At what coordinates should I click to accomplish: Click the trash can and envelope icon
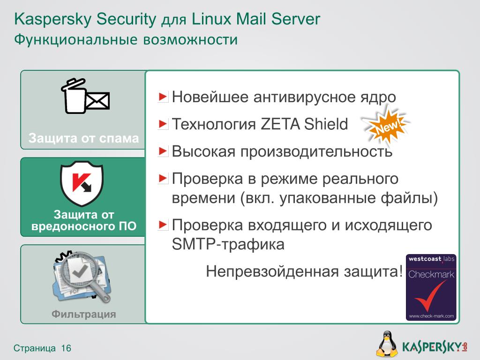[85, 97]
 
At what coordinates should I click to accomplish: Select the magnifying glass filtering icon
[82, 277]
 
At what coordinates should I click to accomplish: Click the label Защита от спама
[84, 138]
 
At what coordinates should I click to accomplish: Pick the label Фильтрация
[84, 314]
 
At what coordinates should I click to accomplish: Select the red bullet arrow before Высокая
[163, 151]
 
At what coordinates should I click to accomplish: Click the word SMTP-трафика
[228, 244]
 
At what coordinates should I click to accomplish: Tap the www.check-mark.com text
[431, 316]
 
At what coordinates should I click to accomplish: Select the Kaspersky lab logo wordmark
[433, 346]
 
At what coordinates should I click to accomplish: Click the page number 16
[66, 348]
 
